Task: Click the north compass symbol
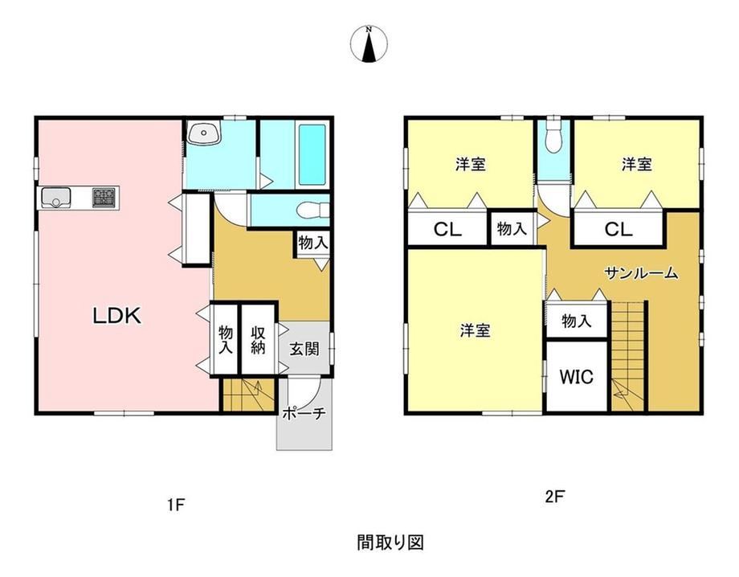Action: point(369,44)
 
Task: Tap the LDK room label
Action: point(117,316)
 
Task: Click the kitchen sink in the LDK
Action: point(56,198)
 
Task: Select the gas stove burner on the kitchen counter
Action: point(104,197)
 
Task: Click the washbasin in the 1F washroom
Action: point(203,132)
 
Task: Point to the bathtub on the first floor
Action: point(312,154)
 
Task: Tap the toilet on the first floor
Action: point(312,210)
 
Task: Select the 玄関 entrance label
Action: point(304,349)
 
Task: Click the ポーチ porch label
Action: point(304,413)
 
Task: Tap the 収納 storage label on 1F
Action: point(258,340)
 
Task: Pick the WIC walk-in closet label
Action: point(577,377)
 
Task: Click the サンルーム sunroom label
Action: point(642,273)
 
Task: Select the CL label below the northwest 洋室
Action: point(447,230)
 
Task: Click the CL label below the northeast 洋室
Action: point(619,230)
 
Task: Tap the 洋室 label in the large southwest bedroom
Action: point(475,330)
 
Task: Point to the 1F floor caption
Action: point(176,505)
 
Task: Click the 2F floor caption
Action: point(555,497)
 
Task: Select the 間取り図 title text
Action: point(390,542)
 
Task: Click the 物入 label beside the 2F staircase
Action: point(577,321)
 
